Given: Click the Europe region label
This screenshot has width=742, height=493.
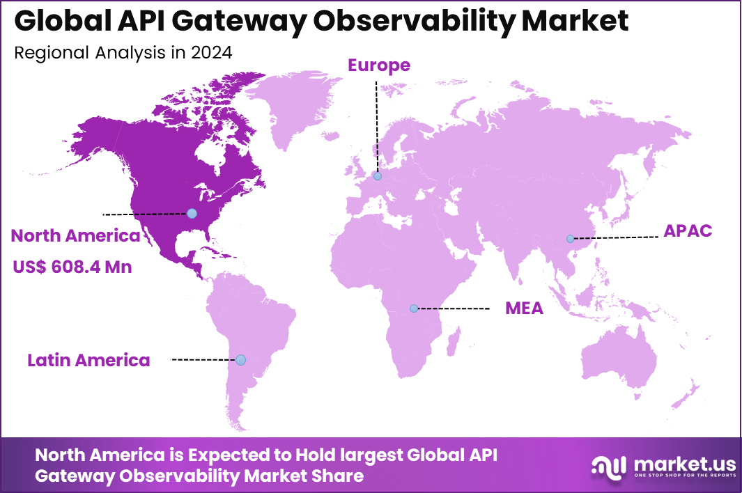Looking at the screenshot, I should pyautogui.click(x=379, y=65).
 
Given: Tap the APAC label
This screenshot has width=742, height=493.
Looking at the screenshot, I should pyautogui.click(x=688, y=231).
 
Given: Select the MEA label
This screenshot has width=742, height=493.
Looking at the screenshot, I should pyautogui.click(x=524, y=308).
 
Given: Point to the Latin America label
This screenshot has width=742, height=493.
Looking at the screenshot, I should pyautogui.click(x=88, y=360).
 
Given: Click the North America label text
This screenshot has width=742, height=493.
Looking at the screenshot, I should pyautogui.click(x=75, y=236).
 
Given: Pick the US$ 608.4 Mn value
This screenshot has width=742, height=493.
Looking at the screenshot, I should pyautogui.click(x=72, y=267).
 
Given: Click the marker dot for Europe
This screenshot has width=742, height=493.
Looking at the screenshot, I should pyautogui.click(x=377, y=176).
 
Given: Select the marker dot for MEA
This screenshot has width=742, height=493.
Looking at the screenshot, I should pyautogui.click(x=414, y=308).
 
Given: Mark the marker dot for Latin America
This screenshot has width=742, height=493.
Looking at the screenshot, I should pyautogui.click(x=240, y=360).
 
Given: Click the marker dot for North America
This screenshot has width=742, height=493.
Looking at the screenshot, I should pyautogui.click(x=192, y=213).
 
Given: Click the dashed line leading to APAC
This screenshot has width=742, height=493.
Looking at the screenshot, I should pyautogui.click(x=616, y=238).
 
